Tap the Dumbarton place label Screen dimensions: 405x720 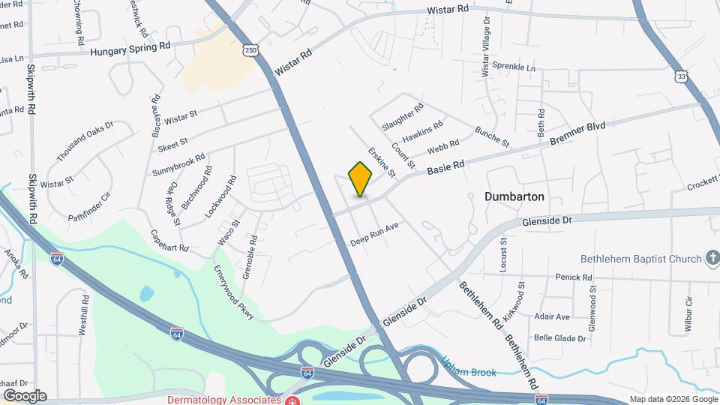click(x=514, y=196)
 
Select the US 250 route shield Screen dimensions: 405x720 click(x=250, y=50)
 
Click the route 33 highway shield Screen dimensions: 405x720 click(x=680, y=76)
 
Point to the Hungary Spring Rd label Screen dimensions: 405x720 click(x=130, y=49)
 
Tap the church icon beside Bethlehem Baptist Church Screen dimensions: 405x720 click(x=712, y=259)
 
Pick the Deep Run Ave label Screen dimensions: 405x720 click(x=373, y=235)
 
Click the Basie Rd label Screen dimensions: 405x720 click(x=446, y=166)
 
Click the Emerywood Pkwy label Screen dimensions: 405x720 click(x=233, y=292)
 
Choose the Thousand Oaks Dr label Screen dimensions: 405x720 click(x=85, y=142)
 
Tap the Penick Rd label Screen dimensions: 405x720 click(x=574, y=277)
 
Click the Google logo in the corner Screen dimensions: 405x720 click(x=25, y=396)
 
